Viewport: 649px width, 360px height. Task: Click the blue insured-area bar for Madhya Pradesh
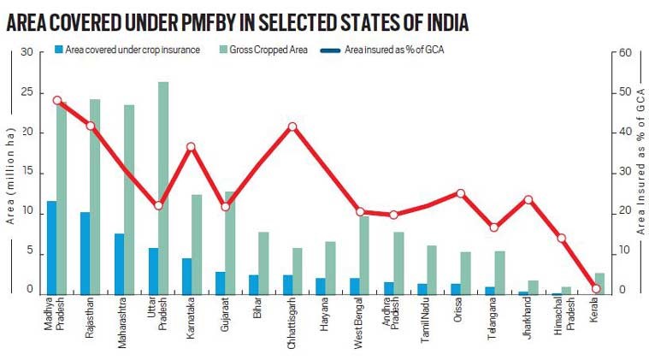(52, 248)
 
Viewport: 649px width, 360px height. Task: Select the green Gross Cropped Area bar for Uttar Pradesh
(163, 188)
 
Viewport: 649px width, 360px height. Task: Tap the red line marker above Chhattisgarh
(292, 127)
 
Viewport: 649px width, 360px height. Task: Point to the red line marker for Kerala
(596, 289)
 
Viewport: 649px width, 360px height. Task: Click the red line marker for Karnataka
(192, 147)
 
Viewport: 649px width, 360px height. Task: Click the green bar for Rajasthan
(95, 197)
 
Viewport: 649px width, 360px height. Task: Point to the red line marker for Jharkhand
(528, 200)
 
